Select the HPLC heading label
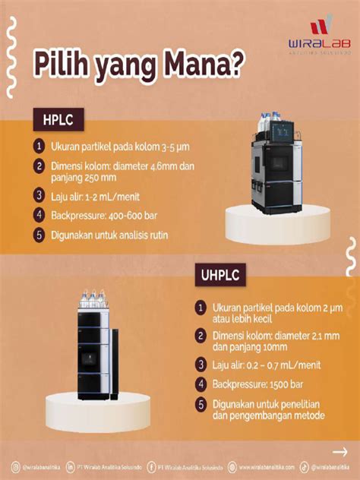[58, 118]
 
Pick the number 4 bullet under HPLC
[39, 216]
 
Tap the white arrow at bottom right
[339, 451]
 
